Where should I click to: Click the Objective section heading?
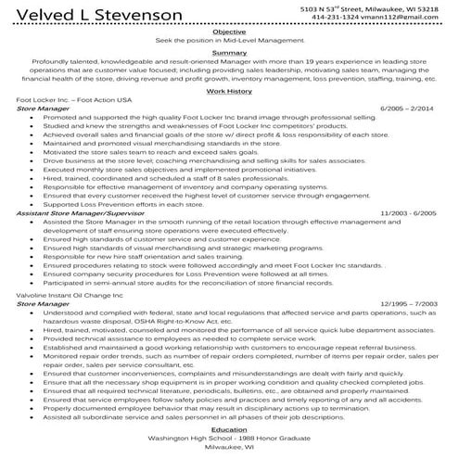pyautogui.click(x=229, y=32)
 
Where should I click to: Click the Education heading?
pyautogui.click(x=229, y=429)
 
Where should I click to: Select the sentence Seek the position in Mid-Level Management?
pyautogui.click(x=229, y=40)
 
